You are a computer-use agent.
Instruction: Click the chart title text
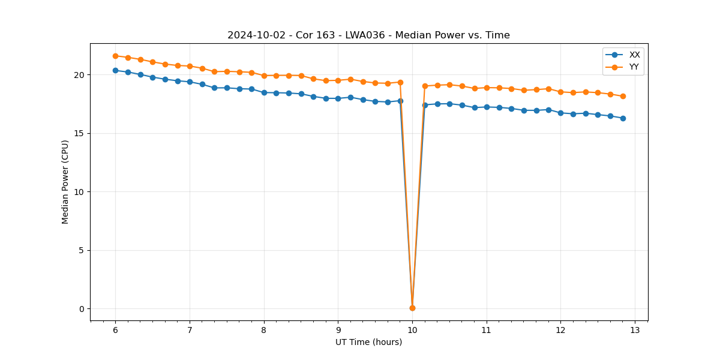(368, 35)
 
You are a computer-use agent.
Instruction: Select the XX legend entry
(634, 55)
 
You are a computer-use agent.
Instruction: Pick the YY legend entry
(634, 67)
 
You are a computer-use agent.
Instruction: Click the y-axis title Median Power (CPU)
(65, 182)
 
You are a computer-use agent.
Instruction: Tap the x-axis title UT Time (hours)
(368, 342)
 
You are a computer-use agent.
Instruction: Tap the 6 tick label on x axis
(115, 331)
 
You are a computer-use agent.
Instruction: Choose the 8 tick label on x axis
(264, 331)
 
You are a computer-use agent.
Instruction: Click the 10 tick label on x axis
(412, 331)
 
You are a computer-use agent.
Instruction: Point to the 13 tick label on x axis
(635, 331)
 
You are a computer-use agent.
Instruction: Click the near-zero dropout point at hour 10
(412, 308)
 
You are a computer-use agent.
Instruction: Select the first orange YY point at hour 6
(115, 56)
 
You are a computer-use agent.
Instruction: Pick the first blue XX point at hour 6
(115, 70)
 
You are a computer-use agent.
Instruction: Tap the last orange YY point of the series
(623, 96)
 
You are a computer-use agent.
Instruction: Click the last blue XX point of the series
(623, 118)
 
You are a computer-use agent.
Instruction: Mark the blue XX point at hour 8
(264, 92)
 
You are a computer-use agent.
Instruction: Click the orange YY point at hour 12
(560, 92)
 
